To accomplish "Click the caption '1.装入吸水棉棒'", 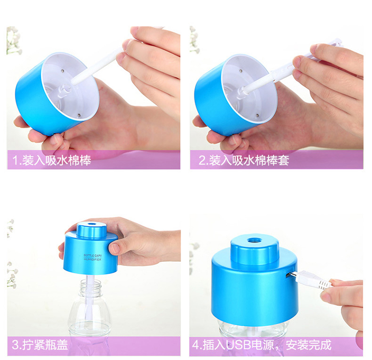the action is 52,161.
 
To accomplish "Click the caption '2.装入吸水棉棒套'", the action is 244,160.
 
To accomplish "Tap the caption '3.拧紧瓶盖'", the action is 40,345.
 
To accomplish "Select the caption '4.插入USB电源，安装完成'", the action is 262,345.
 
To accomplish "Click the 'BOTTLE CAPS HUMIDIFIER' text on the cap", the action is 93,257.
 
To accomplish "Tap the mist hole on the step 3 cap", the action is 91,224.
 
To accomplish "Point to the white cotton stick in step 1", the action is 95,66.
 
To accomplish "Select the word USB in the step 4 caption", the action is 238,345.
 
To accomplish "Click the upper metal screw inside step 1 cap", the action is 62,71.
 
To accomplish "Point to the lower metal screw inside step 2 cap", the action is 257,116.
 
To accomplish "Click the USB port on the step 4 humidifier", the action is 288,275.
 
